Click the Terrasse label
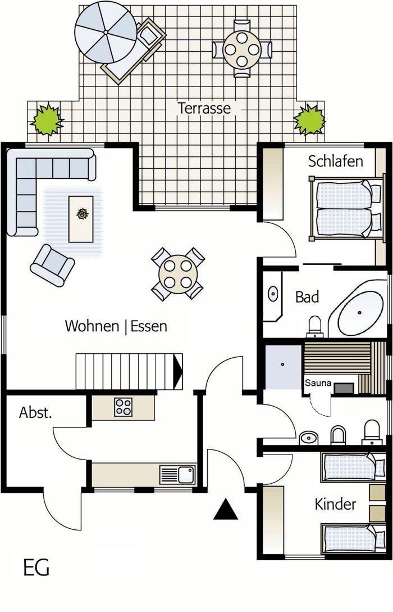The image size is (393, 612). click(204, 108)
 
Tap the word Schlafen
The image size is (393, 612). click(335, 161)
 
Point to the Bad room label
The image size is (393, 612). click(307, 297)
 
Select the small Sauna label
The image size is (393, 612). click(318, 383)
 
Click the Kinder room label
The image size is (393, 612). click(335, 504)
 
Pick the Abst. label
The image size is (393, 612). click(35, 412)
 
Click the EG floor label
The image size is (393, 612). click(36, 568)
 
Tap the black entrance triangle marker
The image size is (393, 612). click(226, 509)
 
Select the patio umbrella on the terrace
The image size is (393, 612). click(106, 32)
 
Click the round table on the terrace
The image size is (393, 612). click(242, 49)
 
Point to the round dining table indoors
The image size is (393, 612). click(178, 273)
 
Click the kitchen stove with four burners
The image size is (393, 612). click(123, 407)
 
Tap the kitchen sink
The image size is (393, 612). click(177, 475)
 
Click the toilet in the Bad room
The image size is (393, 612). click(315, 327)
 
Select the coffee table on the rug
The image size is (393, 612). click(81, 219)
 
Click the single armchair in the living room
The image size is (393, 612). click(52, 265)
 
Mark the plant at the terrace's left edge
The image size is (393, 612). click(47, 119)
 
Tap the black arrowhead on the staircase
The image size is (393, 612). click(177, 372)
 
